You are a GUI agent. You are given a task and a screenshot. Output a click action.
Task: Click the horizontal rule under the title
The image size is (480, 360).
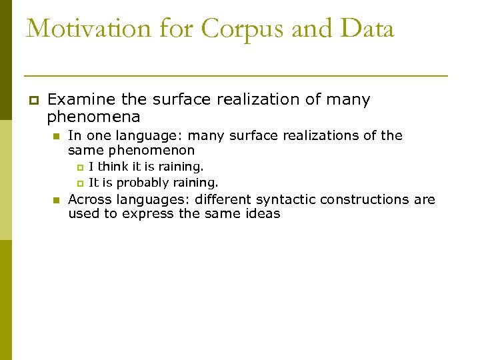235,76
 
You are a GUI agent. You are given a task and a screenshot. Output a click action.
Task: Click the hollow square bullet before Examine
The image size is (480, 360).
32,101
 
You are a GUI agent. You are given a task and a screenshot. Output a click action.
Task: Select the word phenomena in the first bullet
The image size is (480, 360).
93,118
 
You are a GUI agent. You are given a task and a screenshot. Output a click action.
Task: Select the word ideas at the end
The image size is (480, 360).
263,214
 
